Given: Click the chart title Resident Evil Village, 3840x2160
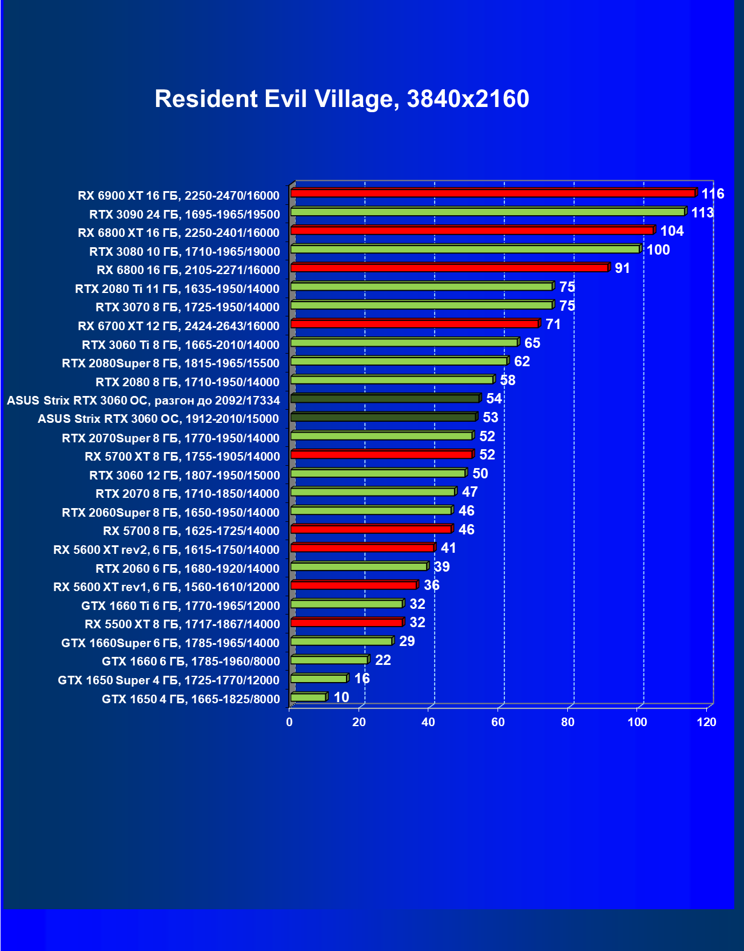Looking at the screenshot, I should click(x=341, y=99).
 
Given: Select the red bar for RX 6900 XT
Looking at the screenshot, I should click(x=492, y=193).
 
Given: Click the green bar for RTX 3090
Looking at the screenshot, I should click(x=487, y=212).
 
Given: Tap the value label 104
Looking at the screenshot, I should click(x=671, y=231).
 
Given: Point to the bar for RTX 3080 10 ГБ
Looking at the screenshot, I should click(x=465, y=249).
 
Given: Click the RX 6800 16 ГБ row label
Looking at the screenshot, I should click(x=188, y=270).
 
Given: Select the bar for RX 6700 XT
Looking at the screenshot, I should click(x=415, y=324).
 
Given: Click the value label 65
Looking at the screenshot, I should click(x=532, y=343).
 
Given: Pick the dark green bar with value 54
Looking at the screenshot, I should click(x=385, y=398).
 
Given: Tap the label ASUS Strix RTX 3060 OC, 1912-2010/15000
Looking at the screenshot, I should click(x=158, y=419).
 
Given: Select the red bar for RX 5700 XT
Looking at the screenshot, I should click(x=381, y=454).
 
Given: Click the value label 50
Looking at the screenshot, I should click(x=480, y=473).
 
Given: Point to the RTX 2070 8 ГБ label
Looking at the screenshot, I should click(x=187, y=494).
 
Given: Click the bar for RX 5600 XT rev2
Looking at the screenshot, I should click(x=362, y=548).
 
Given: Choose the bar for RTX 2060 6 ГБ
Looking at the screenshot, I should click(x=359, y=566).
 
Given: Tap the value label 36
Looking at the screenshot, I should click(x=431, y=585).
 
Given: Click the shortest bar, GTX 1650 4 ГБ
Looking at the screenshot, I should click(x=308, y=697).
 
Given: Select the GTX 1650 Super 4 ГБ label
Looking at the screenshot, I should click(x=169, y=680).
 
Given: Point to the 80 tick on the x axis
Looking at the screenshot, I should click(x=567, y=722).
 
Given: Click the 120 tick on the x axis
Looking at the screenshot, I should click(x=706, y=722).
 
